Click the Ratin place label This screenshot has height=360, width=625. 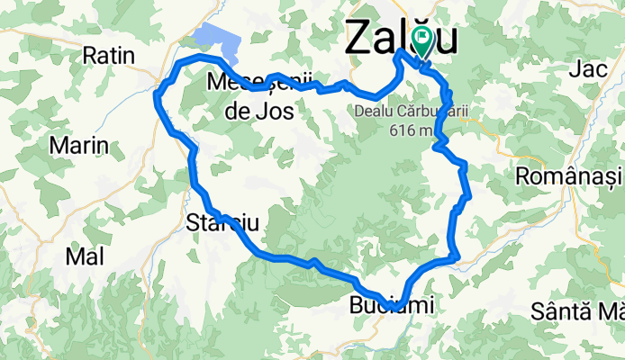pos(108,56)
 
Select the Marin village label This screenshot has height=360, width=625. pos(79,145)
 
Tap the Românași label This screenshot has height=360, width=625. pos(570,176)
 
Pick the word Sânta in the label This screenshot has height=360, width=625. pos(558,311)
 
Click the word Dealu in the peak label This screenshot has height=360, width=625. pos(376,111)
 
